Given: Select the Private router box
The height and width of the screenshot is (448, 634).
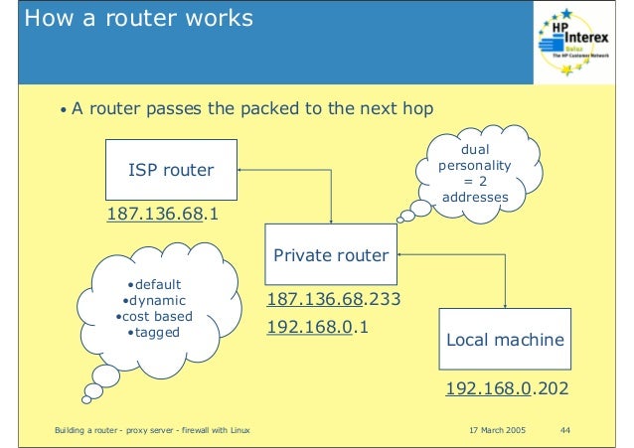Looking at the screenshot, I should pos(331,255).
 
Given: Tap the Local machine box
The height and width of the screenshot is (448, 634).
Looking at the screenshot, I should pos(505,340).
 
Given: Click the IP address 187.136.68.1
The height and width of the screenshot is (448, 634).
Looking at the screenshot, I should pos(163,215).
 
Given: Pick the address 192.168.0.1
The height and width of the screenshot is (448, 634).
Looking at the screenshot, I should pos(318,324).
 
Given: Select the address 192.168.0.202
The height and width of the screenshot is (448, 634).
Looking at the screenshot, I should pos(506,387).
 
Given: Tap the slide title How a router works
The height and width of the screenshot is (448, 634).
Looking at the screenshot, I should pos(138,19).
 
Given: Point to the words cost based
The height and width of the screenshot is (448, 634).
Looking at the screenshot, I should pos(154,316).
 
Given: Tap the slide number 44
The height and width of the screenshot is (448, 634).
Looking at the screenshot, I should pos(565,429).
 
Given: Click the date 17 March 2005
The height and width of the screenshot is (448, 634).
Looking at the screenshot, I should pos(495,429).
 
